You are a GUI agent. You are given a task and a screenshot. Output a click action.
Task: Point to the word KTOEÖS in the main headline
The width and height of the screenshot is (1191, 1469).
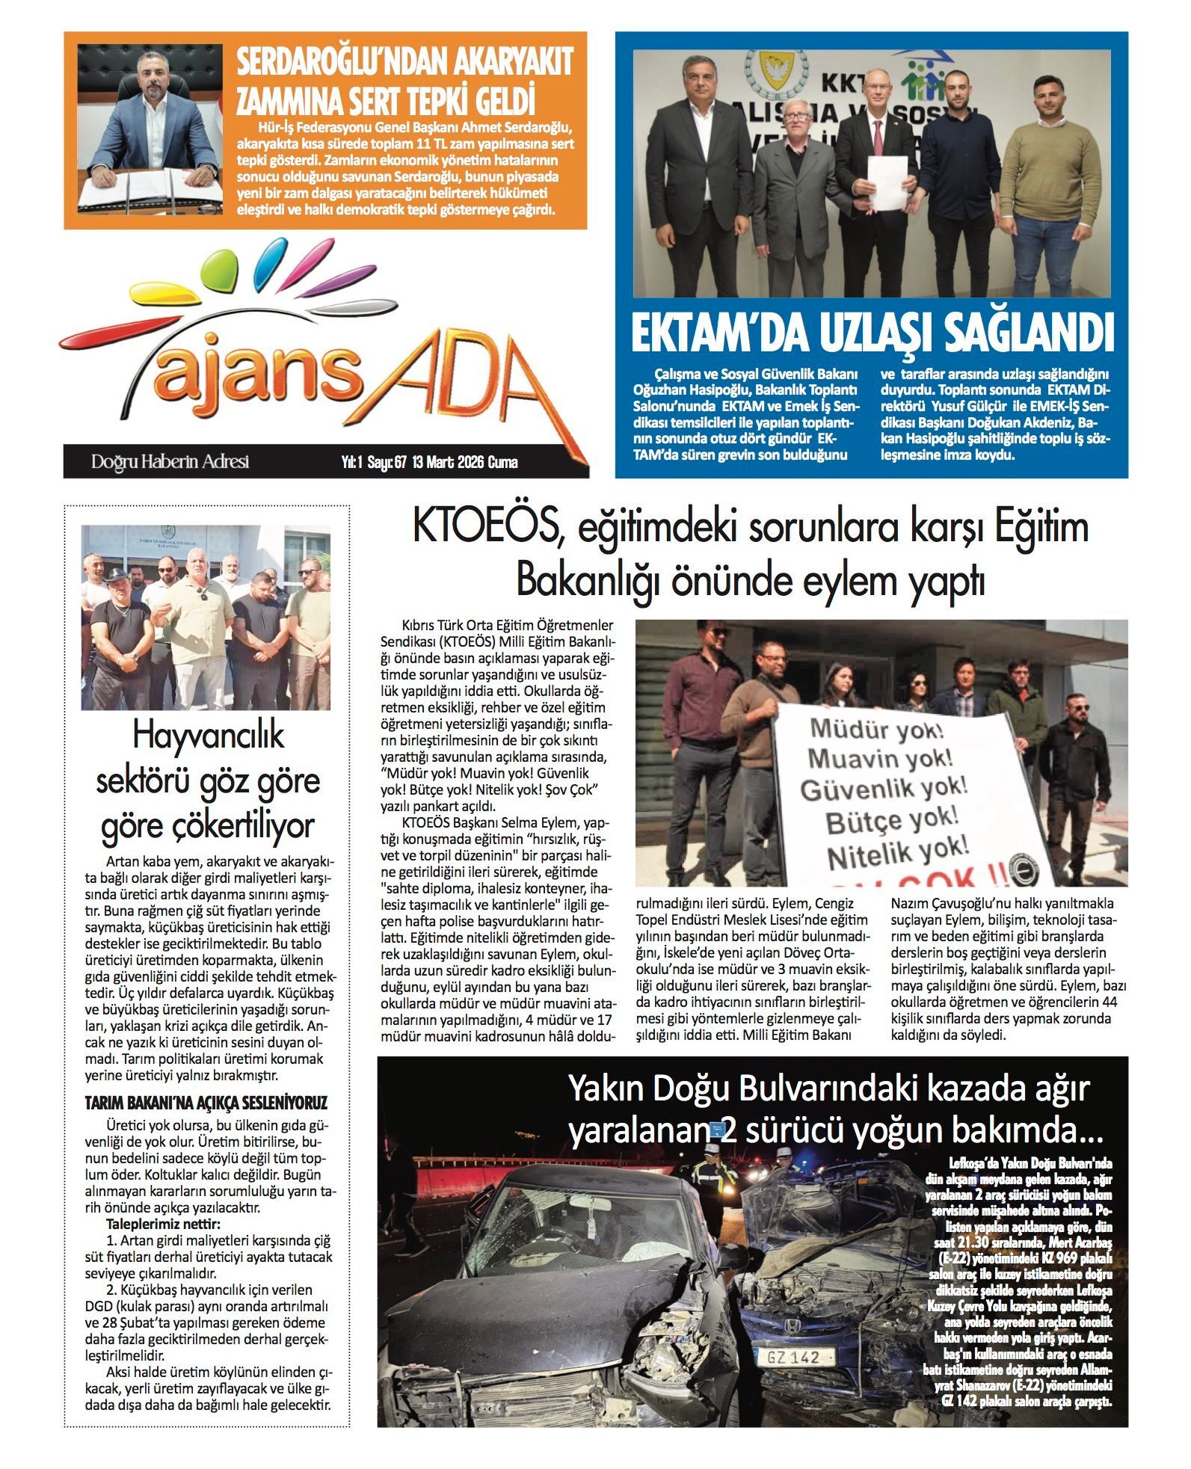(485, 529)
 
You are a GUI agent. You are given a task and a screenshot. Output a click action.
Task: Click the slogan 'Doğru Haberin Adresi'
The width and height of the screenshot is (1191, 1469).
(170, 462)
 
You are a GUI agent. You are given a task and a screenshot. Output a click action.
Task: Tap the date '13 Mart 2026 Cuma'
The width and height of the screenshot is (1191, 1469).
(465, 463)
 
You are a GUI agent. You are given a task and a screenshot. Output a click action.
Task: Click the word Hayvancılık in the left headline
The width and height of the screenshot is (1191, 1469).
(208, 736)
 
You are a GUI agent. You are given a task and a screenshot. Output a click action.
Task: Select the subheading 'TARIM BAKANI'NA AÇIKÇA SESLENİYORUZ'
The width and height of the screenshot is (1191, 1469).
(206, 1103)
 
